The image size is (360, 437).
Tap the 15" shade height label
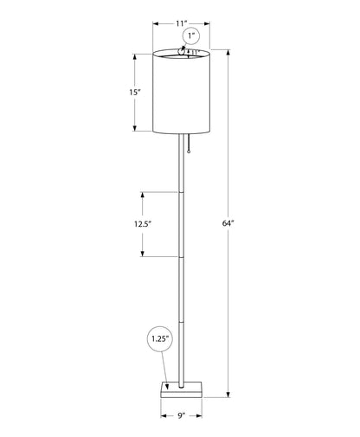pos(124,92)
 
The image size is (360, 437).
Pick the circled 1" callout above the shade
pos(190,36)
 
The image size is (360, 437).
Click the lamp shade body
pos(182,95)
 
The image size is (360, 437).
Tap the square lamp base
pos(183,389)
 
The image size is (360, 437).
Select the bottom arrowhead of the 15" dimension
pos(134,130)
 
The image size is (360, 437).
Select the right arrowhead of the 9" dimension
pos(203,414)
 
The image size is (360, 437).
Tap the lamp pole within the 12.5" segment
pos(182,224)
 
